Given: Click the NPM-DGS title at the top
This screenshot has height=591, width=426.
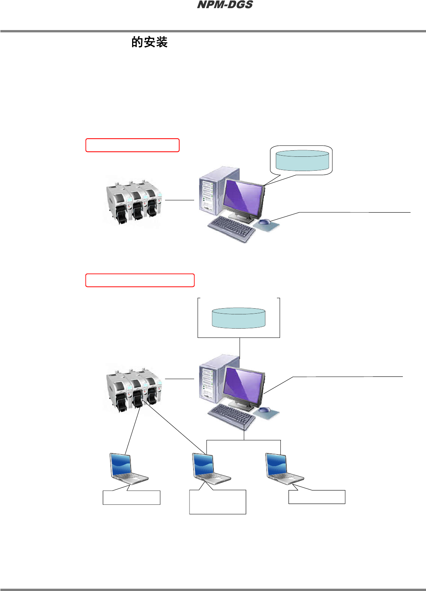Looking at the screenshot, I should point(225,5).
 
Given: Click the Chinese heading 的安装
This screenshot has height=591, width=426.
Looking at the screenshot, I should point(149,42).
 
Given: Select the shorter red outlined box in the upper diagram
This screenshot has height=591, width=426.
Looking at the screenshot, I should point(132,145).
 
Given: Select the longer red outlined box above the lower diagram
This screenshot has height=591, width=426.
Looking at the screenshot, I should point(140,280).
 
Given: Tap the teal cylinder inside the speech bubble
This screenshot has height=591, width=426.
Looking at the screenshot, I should point(302,160).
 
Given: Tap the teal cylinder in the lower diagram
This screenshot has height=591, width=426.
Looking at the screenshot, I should point(239,318).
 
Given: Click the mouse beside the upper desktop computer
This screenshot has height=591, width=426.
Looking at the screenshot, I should point(264,222).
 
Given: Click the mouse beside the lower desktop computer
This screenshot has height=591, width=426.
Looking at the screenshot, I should point(264,410).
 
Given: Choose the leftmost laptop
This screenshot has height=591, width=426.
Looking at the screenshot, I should point(127,468).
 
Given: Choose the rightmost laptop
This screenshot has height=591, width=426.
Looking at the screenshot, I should point(283,468).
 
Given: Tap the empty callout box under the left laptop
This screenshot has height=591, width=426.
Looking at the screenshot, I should point(131,497).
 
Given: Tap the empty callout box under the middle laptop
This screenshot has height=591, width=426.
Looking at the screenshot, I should point(218,502).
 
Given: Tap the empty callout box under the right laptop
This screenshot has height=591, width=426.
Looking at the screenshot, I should point(317,497).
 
